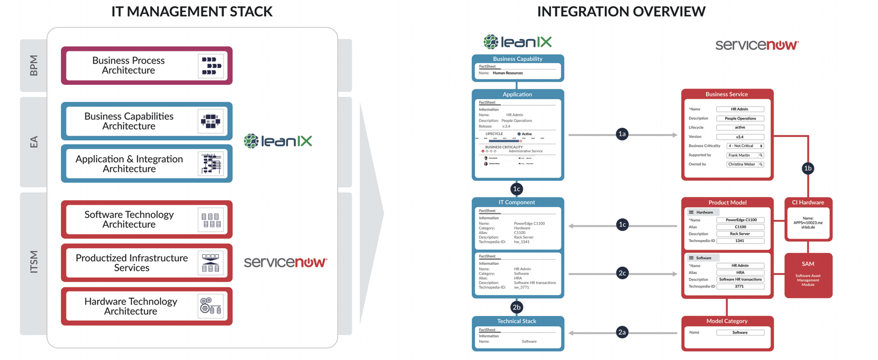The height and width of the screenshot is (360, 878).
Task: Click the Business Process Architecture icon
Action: (x=211, y=66)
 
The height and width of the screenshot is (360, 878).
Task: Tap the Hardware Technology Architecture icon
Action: (x=211, y=306)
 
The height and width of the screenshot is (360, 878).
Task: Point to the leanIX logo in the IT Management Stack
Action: (x=278, y=141)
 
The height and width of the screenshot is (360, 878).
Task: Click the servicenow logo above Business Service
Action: (x=757, y=45)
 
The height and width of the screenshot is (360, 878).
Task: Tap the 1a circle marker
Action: (x=622, y=134)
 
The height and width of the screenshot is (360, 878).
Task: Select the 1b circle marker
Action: (x=808, y=168)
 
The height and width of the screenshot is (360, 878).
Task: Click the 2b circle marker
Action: (x=516, y=307)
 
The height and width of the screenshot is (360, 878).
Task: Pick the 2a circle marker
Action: (x=622, y=333)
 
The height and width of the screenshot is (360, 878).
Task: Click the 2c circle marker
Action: (x=622, y=273)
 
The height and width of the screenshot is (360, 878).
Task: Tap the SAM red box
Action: (x=808, y=275)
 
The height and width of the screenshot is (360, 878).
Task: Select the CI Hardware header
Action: (x=808, y=202)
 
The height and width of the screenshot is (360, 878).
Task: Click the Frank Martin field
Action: (x=744, y=155)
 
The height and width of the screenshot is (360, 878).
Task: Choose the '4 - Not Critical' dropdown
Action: (x=744, y=146)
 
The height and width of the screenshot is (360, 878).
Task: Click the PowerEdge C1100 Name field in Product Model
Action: (x=740, y=220)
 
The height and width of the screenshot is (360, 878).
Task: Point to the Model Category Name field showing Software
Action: (x=740, y=333)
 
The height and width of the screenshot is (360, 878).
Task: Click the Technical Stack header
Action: (x=516, y=321)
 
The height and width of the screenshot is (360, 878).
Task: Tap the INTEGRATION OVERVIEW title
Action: (x=621, y=11)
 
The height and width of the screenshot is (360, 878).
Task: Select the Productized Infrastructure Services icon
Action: (x=211, y=263)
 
